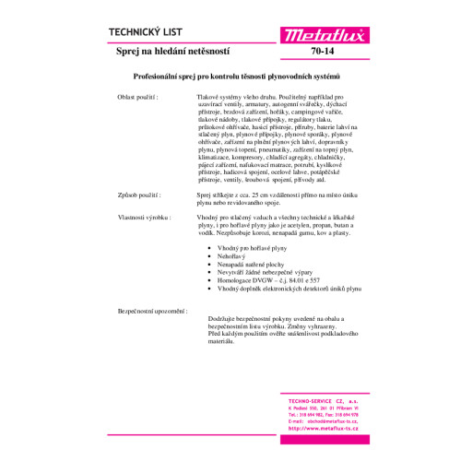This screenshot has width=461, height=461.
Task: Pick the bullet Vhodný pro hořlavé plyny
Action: tap(251, 249)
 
